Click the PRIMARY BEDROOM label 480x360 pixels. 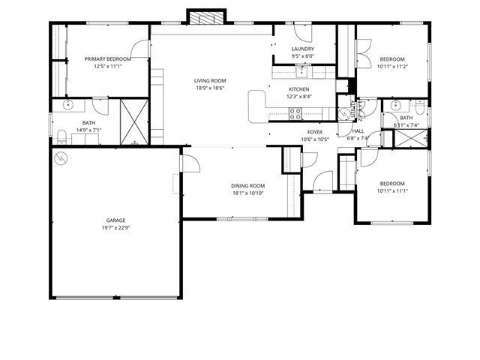click(x=108, y=58)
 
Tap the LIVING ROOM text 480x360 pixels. click(x=210, y=81)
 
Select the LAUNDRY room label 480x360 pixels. click(x=303, y=49)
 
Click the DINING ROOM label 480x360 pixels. click(x=248, y=186)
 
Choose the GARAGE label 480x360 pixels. click(x=115, y=220)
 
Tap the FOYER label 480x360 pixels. click(x=315, y=132)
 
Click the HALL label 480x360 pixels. click(x=358, y=131)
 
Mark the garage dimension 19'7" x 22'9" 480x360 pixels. click(x=115, y=228)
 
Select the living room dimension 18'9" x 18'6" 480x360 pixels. click(x=210, y=88)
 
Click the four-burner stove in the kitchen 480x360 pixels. click(x=295, y=114)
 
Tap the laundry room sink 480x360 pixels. click(x=301, y=73)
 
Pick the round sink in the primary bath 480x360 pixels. click(x=68, y=104)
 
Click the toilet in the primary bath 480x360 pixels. click(x=61, y=135)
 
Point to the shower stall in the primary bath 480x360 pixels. click(x=133, y=120)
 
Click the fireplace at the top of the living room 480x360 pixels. click(x=205, y=17)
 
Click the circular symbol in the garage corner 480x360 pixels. click(x=61, y=158)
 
